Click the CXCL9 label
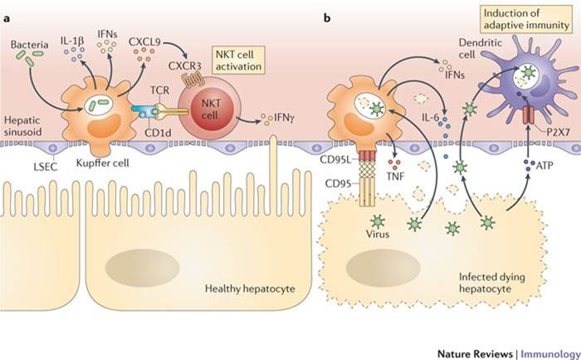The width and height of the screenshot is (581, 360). [x=146, y=37]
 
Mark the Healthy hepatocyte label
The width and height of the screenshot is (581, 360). [x=241, y=289]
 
